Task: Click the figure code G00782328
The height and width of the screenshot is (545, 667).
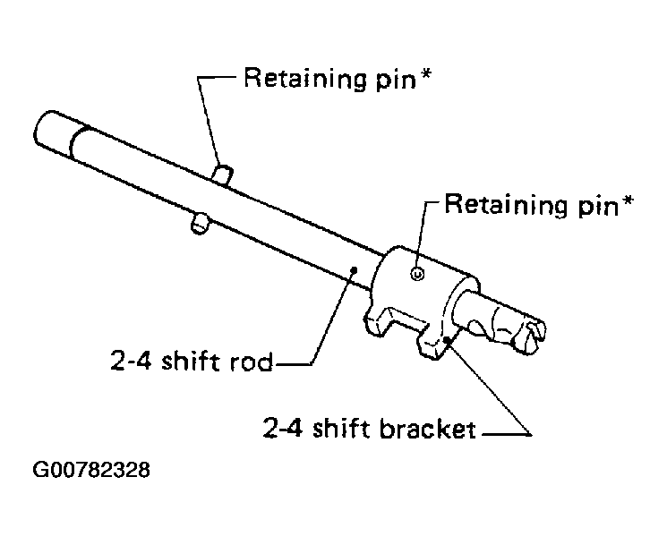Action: (x=91, y=470)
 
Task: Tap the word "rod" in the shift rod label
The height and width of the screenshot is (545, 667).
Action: (x=251, y=362)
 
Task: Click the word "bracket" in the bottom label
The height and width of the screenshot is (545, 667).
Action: (x=428, y=429)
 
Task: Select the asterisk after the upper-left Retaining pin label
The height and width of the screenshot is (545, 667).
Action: (x=425, y=75)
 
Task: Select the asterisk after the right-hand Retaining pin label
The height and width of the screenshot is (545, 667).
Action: (x=627, y=201)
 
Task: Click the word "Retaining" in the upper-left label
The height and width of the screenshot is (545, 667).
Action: (x=304, y=78)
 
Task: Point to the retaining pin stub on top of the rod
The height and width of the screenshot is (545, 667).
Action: (x=222, y=175)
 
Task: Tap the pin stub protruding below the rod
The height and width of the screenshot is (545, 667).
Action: (x=199, y=223)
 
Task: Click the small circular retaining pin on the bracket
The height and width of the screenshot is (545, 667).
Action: (x=417, y=274)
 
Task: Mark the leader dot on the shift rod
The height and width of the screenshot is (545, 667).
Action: (x=353, y=269)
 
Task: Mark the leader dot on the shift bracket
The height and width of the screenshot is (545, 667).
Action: (x=446, y=340)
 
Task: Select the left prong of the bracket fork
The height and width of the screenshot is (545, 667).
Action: (x=378, y=321)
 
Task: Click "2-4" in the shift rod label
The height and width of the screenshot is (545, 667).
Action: (x=131, y=362)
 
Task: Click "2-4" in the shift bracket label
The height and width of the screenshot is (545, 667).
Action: (x=283, y=428)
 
